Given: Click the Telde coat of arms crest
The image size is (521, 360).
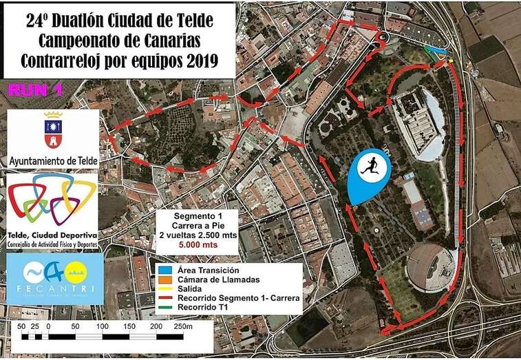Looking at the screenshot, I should tap(53, 130).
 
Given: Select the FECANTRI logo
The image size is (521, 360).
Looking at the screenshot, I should tap(53, 279).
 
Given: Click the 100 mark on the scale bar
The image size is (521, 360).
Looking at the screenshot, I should tap(102, 326).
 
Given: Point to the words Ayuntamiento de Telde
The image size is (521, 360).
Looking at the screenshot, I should tap(53, 160).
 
